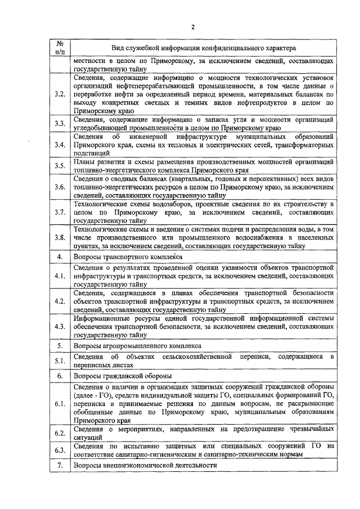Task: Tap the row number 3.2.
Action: click(x=60, y=93)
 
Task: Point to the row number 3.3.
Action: click(x=60, y=123)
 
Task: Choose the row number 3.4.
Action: click(x=60, y=145)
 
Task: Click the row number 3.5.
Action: click(x=60, y=166)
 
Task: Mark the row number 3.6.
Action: click(x=60, y=187)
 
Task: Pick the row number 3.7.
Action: click(x=60, y=214)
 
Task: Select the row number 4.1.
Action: click(x=60, y=277)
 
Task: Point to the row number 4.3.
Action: click(x=60, y=327)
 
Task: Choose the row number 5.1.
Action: click(x=60, y=361)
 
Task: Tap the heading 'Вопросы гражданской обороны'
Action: click(x=124, y=376)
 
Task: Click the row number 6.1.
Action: click(x=60, y=404)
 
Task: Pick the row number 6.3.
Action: click(x=60, y=450)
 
